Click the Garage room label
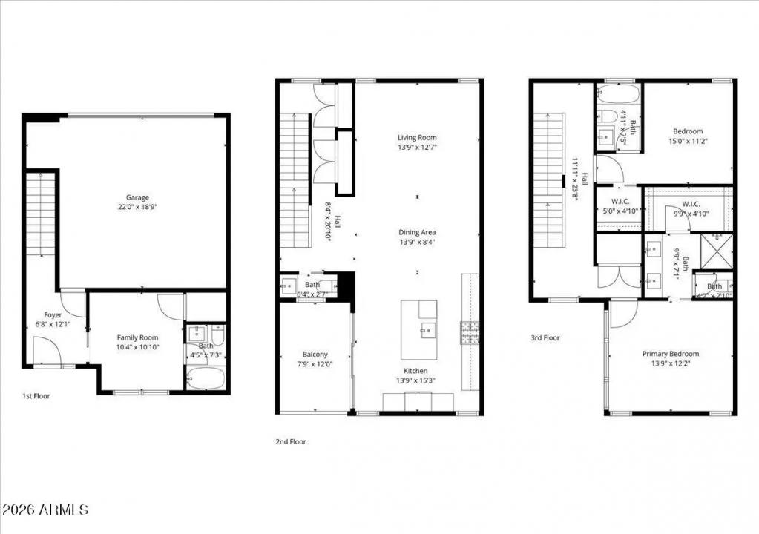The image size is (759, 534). point(137,197)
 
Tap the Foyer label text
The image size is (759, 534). point(53,315)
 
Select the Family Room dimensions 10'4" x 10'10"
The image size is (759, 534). point(137,347)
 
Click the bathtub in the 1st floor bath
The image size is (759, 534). point(206,378)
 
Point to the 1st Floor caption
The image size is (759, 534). point(36,395)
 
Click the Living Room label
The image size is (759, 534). point(417,137)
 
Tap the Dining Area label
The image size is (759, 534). point(417,232)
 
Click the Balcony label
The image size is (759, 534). point(315,354)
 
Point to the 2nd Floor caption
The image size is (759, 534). point(290,441)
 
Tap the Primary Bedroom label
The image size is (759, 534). point(671,354)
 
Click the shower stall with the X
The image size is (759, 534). point(717,251)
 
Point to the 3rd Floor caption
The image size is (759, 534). point(545,337)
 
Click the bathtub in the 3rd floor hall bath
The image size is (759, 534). point(618,94)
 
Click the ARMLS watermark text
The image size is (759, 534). point(45,510)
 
